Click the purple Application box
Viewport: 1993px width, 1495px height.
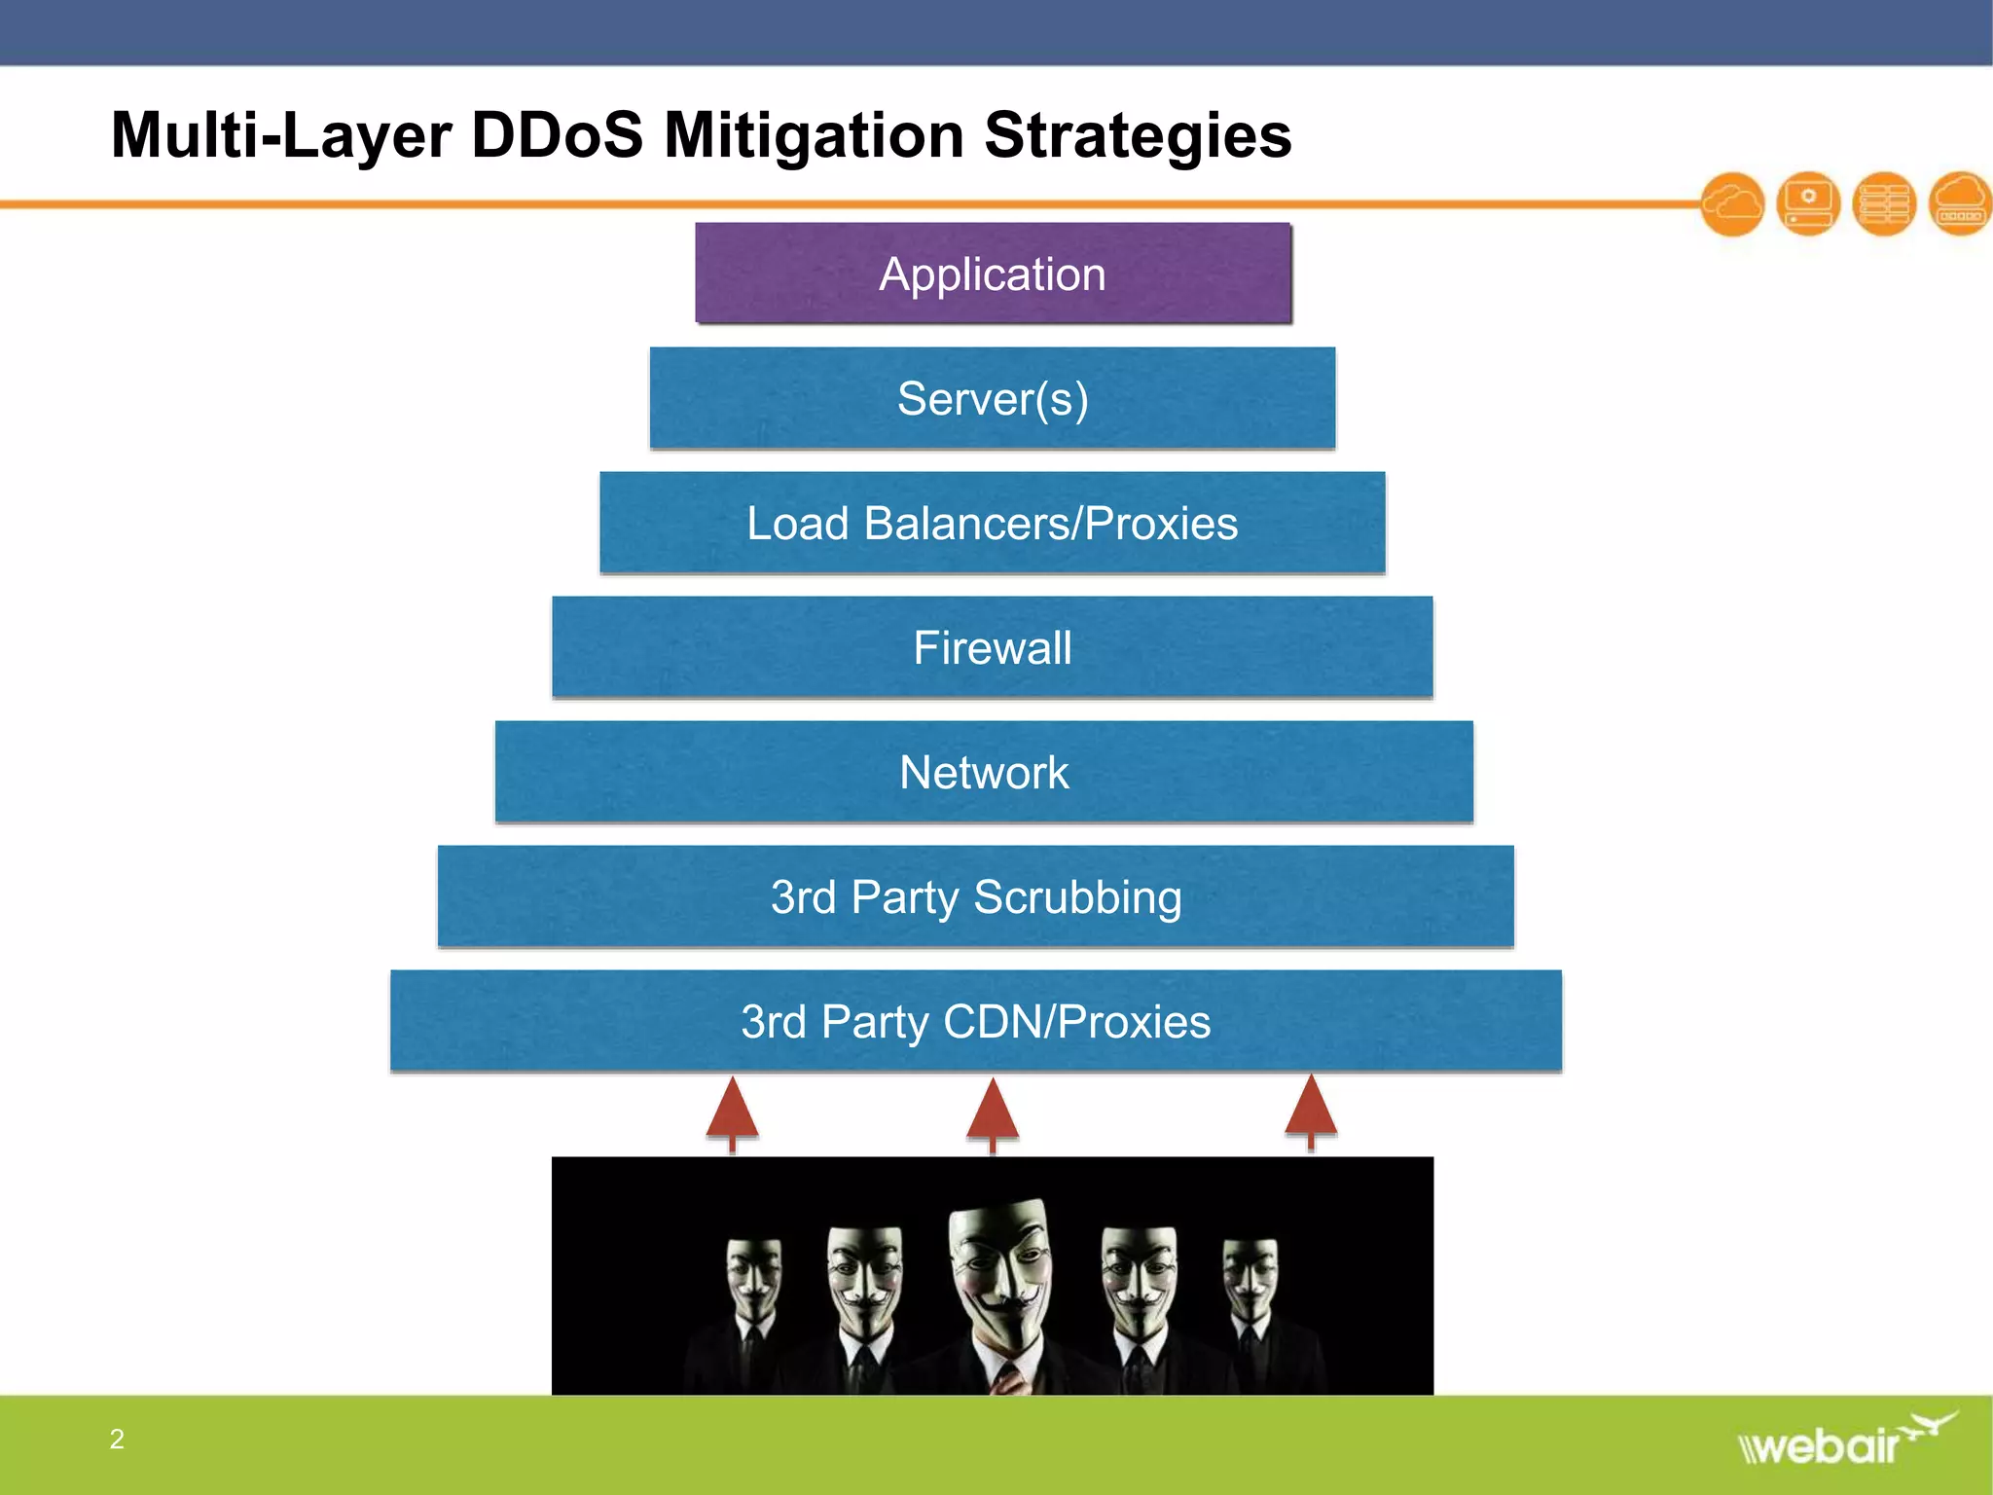click(993, 273)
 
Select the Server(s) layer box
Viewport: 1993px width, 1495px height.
click(993, 398)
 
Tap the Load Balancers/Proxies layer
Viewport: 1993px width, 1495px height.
click(993, 523)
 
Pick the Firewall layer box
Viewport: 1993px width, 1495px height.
click(993, 647)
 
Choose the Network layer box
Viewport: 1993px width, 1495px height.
click(984, 772)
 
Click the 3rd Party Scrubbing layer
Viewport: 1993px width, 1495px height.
click(976, 896)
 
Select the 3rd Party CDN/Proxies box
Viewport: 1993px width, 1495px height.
click(976, 1021)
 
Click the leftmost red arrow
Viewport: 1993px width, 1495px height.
click(733, 1112)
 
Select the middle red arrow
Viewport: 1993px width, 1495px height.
click(993, 1112)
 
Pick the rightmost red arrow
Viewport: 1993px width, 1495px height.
click(1311, 1110)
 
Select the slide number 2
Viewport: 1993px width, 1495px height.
click(117, 1440)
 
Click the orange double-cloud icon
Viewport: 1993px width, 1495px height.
click(1733, 204)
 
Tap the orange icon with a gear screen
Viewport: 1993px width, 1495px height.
click(1808, 203)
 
